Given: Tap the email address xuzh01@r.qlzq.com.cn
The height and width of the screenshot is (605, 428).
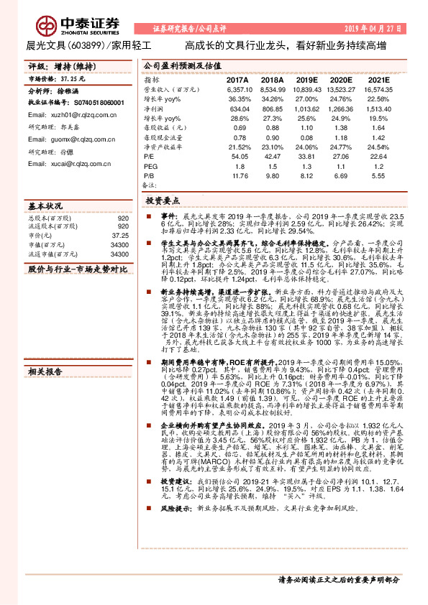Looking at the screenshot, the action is coord(65,115).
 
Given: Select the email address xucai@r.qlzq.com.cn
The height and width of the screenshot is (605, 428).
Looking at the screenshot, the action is coord(65,164).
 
